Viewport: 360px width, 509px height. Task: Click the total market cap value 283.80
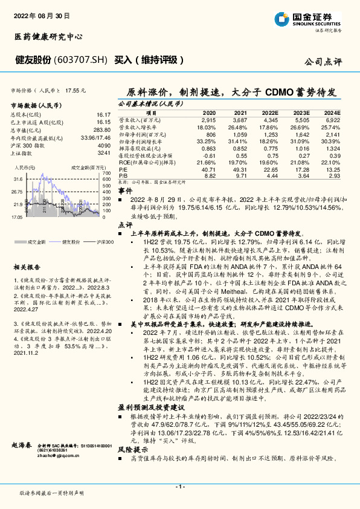[x=102, y=130]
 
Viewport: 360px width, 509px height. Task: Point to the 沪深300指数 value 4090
[x=104, y=146]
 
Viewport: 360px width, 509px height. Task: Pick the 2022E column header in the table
[x=272, y=114]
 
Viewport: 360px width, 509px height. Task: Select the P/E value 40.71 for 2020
[x=208, y=170]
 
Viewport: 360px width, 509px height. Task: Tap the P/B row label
[x=123, y=175]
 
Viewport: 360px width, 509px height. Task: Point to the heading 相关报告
[x=27, y=267]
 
